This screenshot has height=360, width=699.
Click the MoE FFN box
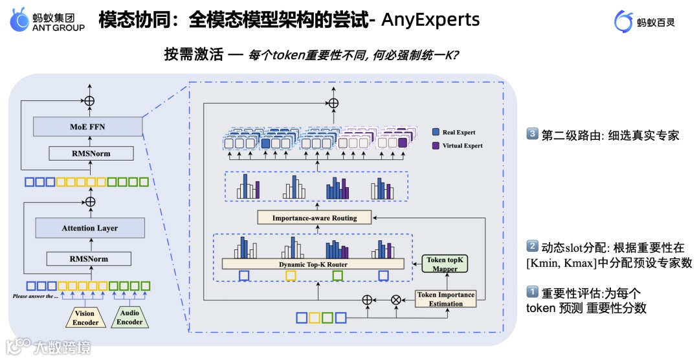[x=88, y=126]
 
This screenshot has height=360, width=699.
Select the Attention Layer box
[x=89, y=228]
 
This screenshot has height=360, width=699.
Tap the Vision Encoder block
[x=85, y=318]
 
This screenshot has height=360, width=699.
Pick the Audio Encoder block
[x=129, y=318]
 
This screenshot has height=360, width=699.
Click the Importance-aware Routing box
[x=315, y=218]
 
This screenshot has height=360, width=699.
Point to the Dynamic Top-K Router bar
[x=313, y=264]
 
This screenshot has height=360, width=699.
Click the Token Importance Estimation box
[x=445, y=299]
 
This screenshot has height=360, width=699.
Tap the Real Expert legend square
[x=435, y=132]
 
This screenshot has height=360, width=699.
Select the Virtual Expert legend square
[x=435, y=146]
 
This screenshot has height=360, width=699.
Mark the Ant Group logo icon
[x=19, y=21]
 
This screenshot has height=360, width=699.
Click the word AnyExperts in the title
[x=430, y=19]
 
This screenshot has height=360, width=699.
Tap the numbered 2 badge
[x=532, y=246]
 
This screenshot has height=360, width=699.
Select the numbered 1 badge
[x=532, y=293]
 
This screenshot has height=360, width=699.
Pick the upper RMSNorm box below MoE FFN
[x=90, y=153]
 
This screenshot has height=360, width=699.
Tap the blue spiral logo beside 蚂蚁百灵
[x=623, y=21]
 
